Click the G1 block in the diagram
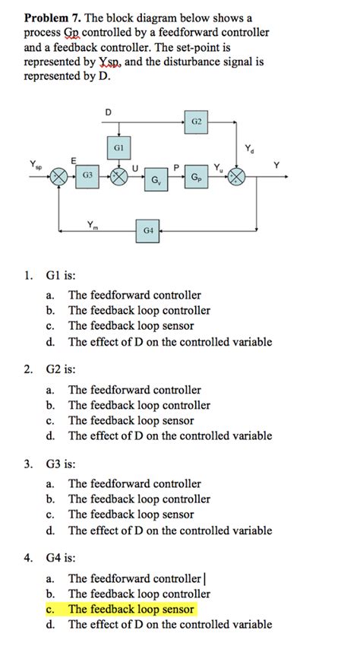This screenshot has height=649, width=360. point(118,146)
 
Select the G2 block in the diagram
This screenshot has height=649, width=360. point(196,120)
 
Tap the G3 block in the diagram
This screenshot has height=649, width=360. point(87,176)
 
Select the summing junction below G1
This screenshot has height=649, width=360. point(118,177)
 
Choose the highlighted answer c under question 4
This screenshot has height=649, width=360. point(131,609)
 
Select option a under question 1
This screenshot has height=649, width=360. point(134,295)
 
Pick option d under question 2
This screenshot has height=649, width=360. point(169,436)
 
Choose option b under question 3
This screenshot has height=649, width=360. point(138,499)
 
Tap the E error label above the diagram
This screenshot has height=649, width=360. point(73,160)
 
